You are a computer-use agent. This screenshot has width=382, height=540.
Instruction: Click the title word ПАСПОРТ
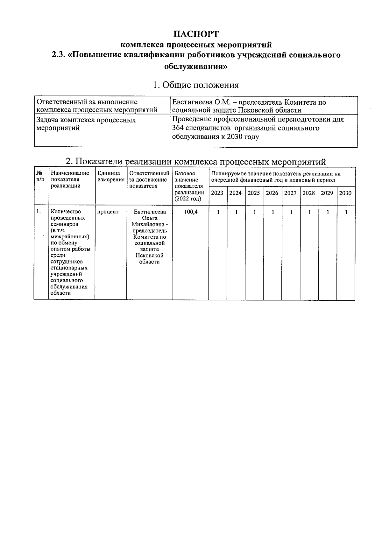(196, 34)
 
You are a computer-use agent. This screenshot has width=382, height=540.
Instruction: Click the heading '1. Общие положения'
(195, 85)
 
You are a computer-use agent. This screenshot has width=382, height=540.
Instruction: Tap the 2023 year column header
(217, 193)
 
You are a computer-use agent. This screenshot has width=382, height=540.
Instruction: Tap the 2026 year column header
(272, 193)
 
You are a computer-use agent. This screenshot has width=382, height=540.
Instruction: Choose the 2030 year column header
(345, 193)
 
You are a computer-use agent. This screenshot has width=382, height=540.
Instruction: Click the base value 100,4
(191, 212)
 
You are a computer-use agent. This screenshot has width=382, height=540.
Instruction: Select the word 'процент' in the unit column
(108, 212)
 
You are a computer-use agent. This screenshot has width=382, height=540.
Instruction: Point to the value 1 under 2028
(309, 212)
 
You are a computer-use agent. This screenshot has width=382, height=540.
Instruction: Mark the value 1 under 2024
(236, 212)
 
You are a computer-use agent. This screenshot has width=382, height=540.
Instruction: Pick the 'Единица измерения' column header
(110, 176)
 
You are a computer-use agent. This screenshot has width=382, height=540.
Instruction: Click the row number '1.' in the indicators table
(39, 212)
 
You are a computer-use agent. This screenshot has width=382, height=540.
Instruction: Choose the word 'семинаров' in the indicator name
(62, 224)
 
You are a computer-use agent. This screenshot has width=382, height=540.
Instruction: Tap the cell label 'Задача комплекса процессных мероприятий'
(86, 124)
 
